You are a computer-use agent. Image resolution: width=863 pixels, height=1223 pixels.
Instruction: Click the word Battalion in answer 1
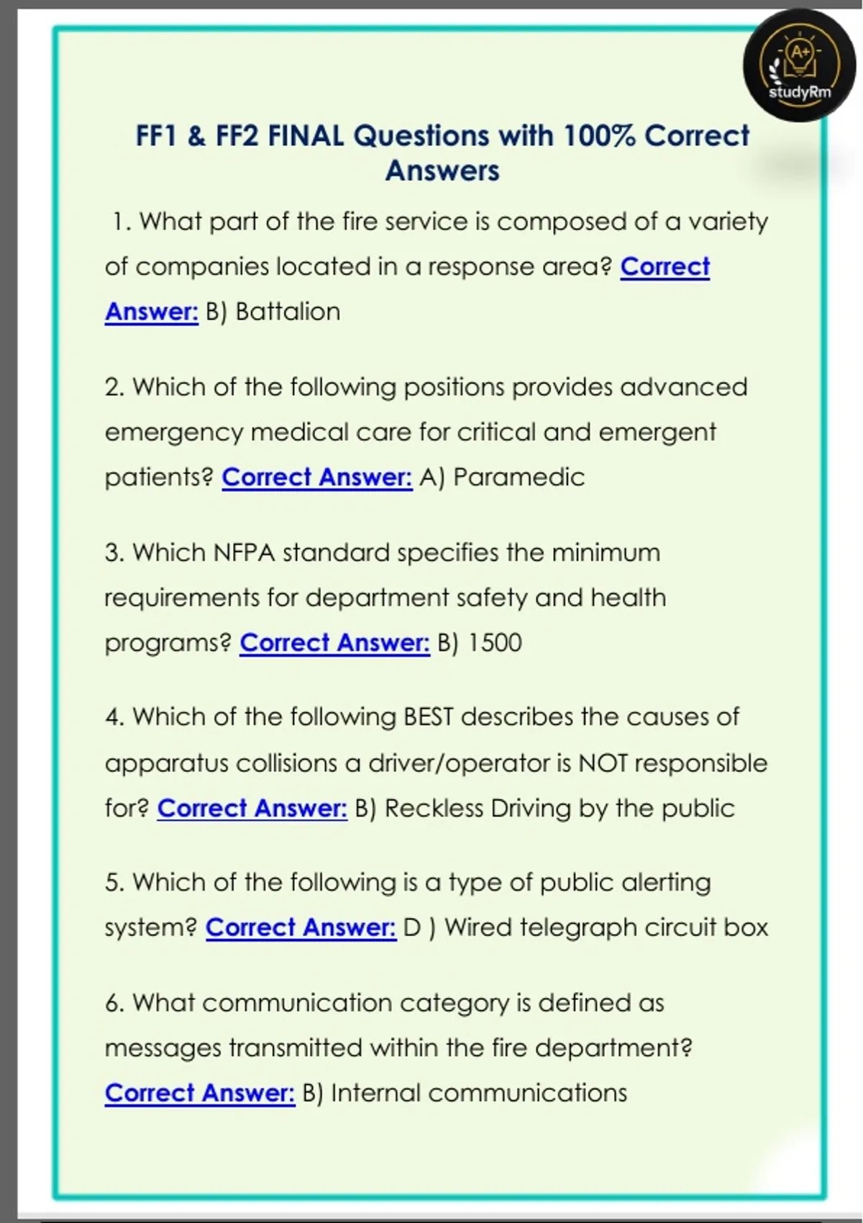(288, 312)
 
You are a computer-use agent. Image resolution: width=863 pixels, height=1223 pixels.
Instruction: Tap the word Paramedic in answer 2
(519, 477)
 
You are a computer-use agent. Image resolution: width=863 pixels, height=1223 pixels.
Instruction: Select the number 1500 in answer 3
(495, 642)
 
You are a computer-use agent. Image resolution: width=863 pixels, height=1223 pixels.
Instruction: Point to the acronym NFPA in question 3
(245, 553)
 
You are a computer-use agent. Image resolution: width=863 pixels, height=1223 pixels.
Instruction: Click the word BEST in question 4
(429, 717)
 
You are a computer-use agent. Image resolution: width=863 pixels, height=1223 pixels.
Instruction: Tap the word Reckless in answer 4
(434, 808)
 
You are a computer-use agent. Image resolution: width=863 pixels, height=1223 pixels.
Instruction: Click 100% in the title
(600, 136)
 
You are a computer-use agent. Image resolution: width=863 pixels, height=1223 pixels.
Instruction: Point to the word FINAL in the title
(306, 136)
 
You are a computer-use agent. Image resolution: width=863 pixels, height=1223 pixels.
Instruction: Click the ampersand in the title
(196, 136)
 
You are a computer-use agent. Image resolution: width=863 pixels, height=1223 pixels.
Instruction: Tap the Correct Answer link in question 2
(317, 477)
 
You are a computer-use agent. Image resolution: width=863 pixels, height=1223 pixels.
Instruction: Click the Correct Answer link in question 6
(200, 1093)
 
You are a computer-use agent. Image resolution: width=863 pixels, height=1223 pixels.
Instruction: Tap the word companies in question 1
(201, 267)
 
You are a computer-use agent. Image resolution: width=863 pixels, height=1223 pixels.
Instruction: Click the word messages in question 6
(163, 1047)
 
